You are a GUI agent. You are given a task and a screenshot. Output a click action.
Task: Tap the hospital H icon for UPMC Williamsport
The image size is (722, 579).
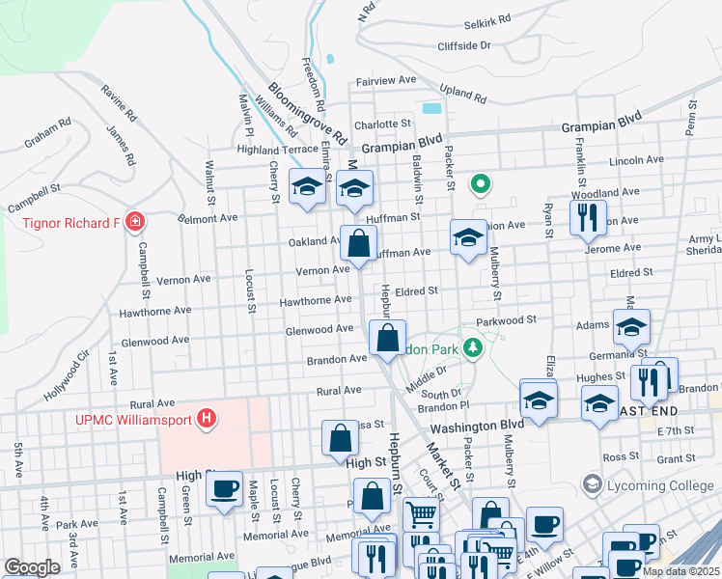tap(206, 419)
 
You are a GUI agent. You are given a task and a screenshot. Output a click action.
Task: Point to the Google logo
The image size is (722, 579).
tap(32, 567)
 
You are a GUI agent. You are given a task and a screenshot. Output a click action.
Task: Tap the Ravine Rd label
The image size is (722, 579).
tap(118, 105)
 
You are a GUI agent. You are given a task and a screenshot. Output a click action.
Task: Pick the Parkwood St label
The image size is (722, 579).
tap(506, 319)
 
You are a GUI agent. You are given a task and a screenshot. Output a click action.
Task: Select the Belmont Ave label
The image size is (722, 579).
tap(208, 218)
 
